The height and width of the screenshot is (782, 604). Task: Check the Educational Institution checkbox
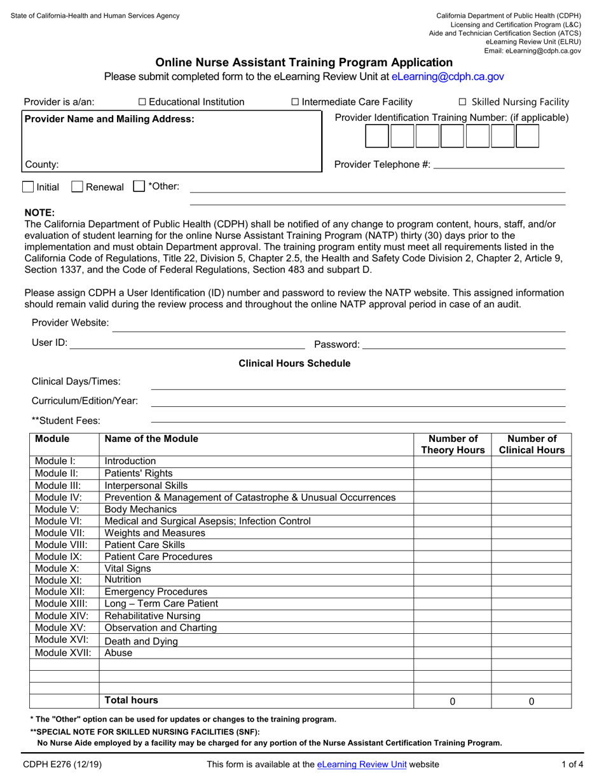click(142, 102)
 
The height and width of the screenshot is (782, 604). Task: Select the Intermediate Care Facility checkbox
click(295, 102)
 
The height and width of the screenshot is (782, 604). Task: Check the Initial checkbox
click(28, 187)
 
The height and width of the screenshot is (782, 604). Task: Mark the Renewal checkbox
click(77, 187)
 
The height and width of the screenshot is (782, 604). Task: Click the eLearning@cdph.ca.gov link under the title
click(448, 76)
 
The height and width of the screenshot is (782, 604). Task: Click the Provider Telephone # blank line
click(498, 165)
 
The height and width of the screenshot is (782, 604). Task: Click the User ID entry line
click(187, 344)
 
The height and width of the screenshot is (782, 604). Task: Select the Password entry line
click(463, 344)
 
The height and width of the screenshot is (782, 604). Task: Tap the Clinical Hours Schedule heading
click(294, 364)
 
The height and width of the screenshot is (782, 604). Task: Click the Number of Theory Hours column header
click(452, 444)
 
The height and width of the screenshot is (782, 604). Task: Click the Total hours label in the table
click(131, 701)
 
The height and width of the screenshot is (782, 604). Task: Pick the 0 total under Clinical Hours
click(532, 702)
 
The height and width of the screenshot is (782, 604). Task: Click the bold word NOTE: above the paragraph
click(39, 212)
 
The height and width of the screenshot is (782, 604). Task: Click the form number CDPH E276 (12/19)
click(61, 765)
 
